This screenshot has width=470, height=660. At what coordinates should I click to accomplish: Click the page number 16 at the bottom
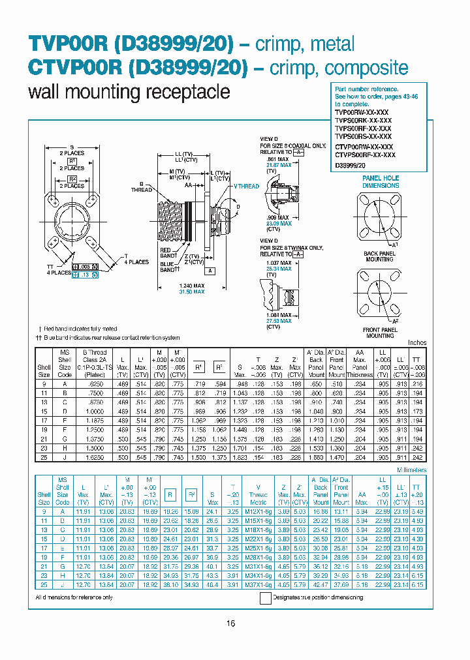pos(230,623)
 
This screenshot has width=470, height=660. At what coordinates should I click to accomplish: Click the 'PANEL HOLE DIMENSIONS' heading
pos(381,181)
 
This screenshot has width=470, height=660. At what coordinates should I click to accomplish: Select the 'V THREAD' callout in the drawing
pos(246,187)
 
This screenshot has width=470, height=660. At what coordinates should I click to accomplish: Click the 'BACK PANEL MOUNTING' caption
pos(379,256)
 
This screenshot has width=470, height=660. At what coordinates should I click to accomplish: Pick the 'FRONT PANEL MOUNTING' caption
pos(380,333)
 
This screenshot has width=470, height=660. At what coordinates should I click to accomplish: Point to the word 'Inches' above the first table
pos(417,342)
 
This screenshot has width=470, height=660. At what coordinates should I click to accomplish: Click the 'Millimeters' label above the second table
pos(411,470)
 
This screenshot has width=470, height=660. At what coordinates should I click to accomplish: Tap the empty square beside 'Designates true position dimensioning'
pos(265,597)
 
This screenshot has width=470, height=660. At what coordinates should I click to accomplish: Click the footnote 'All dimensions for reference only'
pos(74,597)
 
